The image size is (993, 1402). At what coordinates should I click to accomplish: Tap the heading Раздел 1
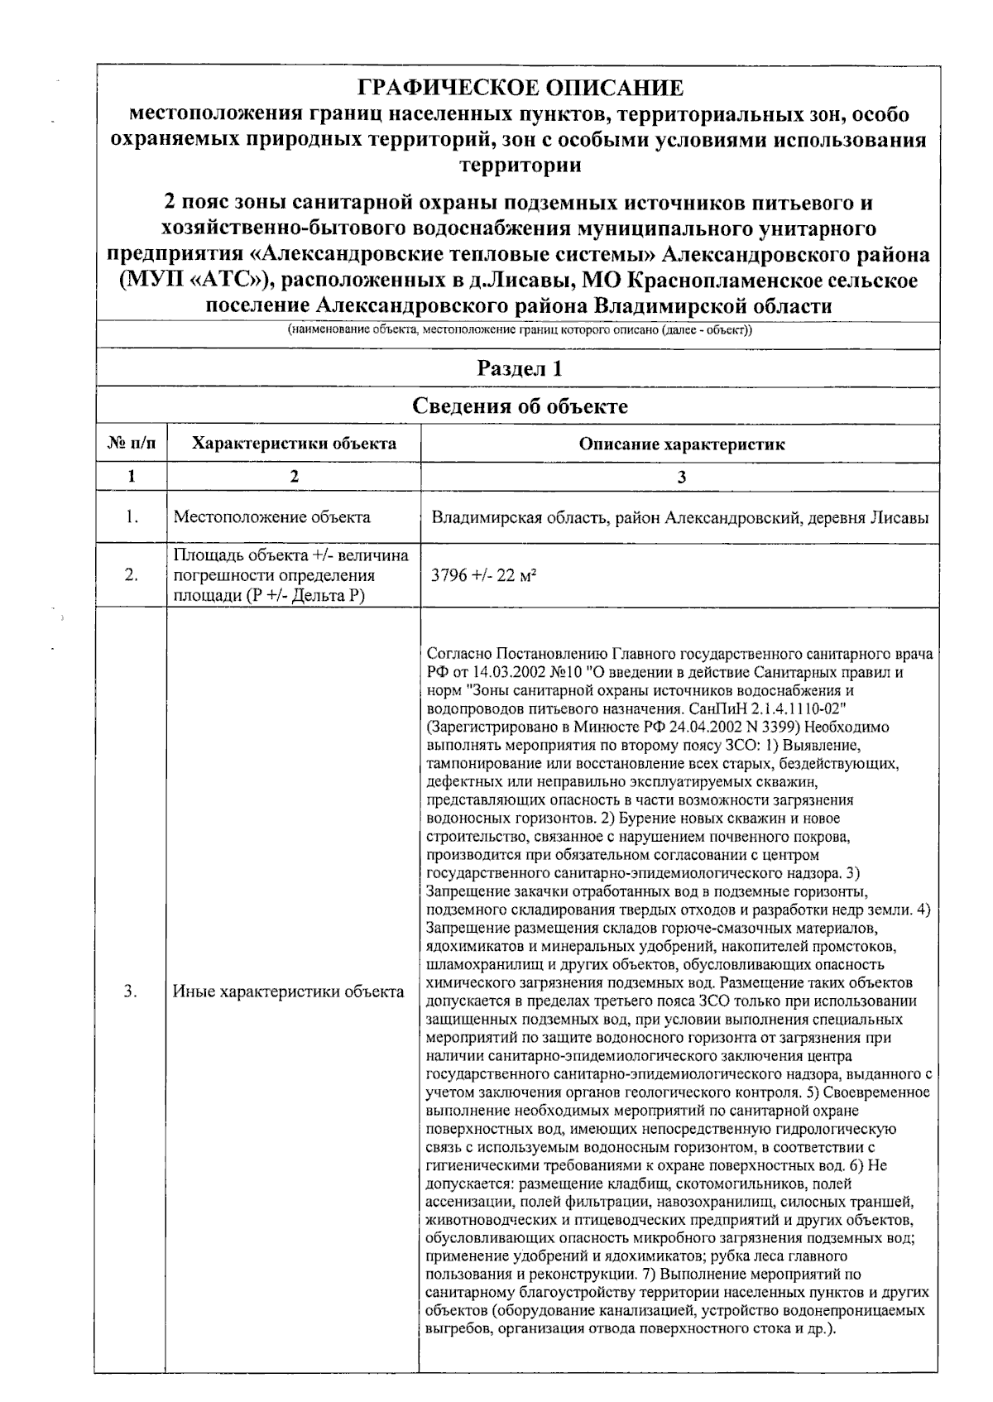pos(519,368)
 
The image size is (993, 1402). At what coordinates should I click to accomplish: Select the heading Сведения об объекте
pos(519,406)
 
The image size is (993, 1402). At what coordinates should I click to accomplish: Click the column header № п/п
pos(132,444)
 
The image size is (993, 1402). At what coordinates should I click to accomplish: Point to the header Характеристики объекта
pos(294,444)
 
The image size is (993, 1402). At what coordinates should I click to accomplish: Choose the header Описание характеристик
pos(681,444)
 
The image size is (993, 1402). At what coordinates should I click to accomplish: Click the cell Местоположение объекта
pos(271,518)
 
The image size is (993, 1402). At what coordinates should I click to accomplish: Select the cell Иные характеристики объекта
pos(288,991)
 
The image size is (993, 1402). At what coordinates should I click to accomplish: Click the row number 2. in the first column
pos(132,575)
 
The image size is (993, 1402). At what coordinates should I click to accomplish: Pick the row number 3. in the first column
pos(132,991)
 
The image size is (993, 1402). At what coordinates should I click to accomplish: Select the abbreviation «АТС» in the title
pos(226,281)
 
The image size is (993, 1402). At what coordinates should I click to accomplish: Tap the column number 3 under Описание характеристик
pos(681,477)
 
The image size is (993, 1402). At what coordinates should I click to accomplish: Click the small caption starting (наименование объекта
pos(519,330)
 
